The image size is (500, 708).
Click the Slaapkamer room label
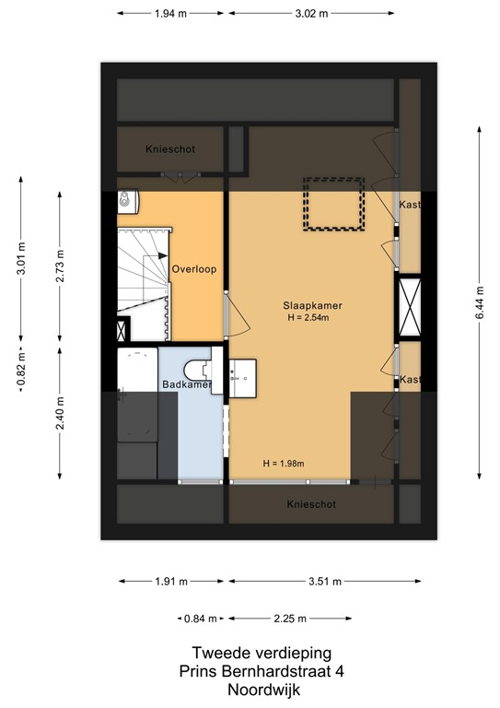(x=308, y=305)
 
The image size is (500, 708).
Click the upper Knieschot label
(x=170, y=149)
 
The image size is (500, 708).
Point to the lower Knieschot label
(x=310, y=505)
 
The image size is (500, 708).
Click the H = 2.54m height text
(x=308, y=318)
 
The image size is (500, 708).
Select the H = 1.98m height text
(x=283, y=463)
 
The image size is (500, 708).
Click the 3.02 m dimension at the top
(x=311, y=14)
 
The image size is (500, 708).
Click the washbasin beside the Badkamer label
(x=241, y=373)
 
